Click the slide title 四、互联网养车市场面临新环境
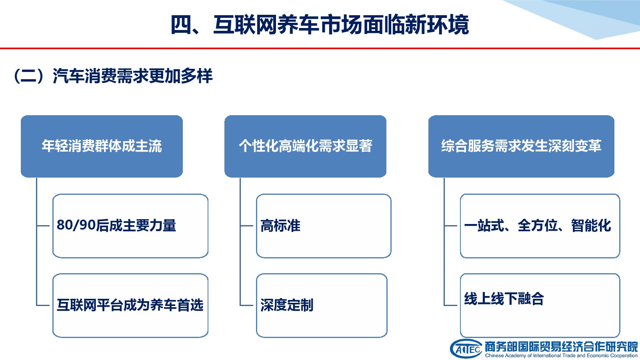320,25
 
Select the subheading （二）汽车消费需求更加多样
113,76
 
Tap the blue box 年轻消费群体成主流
102,146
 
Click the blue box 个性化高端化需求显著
306,146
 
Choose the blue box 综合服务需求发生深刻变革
521,146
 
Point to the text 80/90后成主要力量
116,226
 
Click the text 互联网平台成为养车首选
130,305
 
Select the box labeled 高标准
324,226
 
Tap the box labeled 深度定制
322,306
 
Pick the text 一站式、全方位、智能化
538,226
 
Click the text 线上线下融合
504,299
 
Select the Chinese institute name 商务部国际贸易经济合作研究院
561,347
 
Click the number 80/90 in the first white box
76,225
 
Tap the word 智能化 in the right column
591,226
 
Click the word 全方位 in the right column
538,226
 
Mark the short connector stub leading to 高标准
246,226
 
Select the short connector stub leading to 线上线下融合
451,305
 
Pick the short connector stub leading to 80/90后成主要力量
43,226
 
